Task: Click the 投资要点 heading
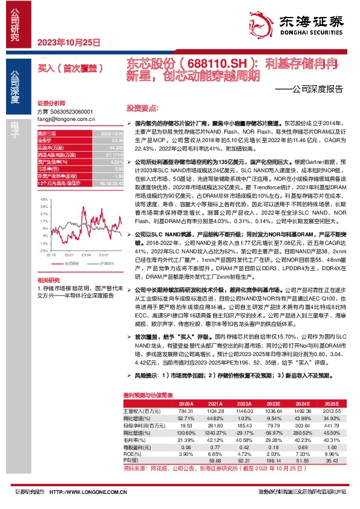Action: click(x=142, y=108)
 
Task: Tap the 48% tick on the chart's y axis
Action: click(x=42, y=199)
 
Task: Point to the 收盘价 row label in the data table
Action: click(x=46, y=139)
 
